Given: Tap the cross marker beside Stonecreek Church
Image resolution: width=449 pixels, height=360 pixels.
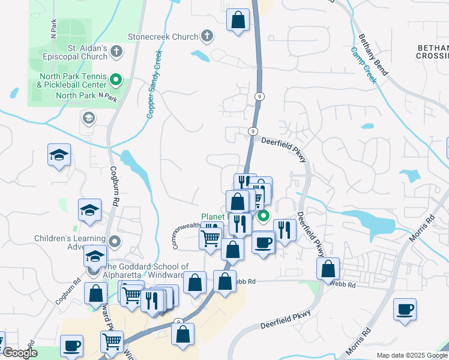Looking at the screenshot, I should (206, 37).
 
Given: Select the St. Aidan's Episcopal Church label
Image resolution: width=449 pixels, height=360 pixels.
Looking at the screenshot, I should (79, 52).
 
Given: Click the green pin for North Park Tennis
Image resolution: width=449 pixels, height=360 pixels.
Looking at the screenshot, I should (117, 79).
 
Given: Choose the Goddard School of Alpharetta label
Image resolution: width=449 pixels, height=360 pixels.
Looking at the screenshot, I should (147, 271).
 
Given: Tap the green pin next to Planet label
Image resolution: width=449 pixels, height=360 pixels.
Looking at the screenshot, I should (263, 217).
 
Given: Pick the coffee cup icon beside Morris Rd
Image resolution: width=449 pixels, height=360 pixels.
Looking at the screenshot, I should (405, 309).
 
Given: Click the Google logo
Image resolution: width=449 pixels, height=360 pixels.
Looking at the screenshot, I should (19, 353).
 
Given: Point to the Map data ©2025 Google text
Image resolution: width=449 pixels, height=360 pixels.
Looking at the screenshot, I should (412, 355).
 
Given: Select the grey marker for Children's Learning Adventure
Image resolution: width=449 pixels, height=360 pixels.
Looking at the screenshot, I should (115, 242).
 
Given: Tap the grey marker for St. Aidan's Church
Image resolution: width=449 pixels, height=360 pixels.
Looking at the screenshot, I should (117, 52).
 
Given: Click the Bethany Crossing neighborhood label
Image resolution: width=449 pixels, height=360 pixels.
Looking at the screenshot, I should (432, 52).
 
